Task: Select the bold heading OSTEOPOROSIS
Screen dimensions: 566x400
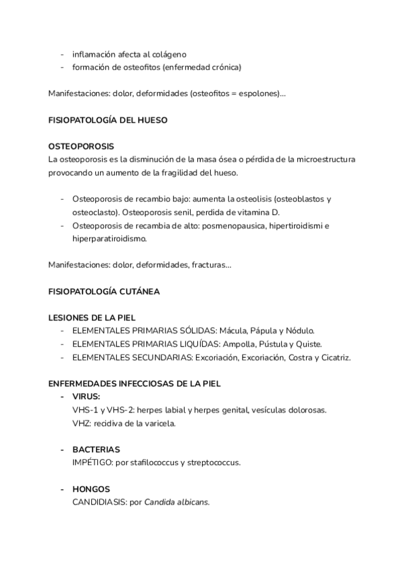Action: click(81, 146)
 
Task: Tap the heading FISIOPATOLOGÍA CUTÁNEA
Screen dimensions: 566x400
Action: click(104, 292)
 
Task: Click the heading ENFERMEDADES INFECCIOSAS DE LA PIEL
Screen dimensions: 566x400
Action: click(134, 384)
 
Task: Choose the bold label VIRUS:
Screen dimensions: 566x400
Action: click(86, 396)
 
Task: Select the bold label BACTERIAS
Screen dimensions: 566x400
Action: click(96, 449)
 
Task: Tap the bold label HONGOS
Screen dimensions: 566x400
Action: click(91, 489)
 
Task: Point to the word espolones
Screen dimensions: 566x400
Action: click(259, 94)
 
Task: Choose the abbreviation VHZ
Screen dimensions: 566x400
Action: click(81, 423)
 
